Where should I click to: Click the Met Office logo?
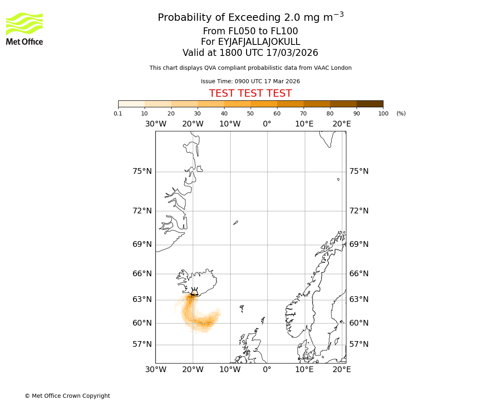point(24,29)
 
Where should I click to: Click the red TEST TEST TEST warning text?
point(250,93)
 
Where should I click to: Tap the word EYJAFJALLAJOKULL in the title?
point(259,42)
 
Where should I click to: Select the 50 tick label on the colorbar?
point(250,113)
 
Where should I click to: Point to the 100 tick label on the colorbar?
point(383,113)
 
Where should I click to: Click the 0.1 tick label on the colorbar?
point(118,113)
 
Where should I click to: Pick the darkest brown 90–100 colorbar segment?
point(370,104)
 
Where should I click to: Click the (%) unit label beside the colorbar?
point(401,113)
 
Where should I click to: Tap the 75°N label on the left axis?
point(142,171)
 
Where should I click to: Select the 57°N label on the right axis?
point(359,344)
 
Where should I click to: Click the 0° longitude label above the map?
point(267,124)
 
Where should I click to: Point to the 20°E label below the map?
point(341,370)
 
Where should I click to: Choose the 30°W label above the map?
point(156,124)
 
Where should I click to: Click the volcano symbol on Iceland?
point(194,291)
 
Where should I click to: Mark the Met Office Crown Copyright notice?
point(67,396)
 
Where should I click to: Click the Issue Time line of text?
point(250,82)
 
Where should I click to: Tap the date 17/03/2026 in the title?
point(292,53)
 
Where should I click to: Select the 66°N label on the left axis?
point(142,274)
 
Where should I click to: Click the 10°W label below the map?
point(230,370)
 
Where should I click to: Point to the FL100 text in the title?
point(285,31)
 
